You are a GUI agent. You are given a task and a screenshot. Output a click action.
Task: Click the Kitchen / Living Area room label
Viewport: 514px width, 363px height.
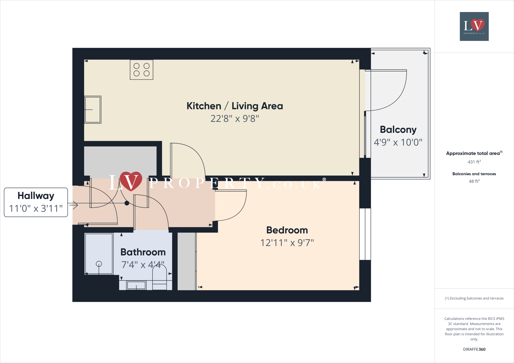pyautogui.click(x=235, y=106)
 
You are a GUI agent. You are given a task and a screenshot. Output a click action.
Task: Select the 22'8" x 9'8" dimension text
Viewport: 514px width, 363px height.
pyautogui.click(x=235, y=119)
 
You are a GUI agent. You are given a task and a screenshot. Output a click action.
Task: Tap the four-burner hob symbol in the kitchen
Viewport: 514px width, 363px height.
pyautogui.click(x=142, y=70)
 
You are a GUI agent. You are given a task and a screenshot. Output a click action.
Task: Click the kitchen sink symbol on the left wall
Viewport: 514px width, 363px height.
pyautogui.click(x=93, y=110)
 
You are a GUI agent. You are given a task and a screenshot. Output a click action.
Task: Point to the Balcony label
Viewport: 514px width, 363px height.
pyautogui.click(x=398, y=130)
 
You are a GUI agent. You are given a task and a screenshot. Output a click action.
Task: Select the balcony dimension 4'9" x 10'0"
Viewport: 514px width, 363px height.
pyautogui.click(x=398, y=142)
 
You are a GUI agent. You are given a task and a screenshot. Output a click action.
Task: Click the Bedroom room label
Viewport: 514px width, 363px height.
pyautogui.click(x=287, y=230)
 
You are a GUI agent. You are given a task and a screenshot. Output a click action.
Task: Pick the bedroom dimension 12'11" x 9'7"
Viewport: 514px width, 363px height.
pyautogui.click(x=287, y=243)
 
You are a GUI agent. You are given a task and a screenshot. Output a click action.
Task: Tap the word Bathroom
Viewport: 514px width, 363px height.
pyautogui.click(x=143, y=252)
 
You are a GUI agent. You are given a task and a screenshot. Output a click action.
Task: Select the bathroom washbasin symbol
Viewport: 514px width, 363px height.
pyautogui.click(x=136, y=285)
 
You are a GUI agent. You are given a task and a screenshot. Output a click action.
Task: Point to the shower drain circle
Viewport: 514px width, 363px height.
pyautogui.click(x=99, y=264)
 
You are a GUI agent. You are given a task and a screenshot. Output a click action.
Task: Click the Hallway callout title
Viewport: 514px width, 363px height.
pyautogui.click(x=36, y=196)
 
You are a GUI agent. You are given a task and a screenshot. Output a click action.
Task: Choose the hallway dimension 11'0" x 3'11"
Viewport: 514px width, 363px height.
pyautogui.click(x=36, y=208)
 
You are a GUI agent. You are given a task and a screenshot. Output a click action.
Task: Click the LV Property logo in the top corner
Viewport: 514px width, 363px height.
pyautogui.click(x=474, y=26)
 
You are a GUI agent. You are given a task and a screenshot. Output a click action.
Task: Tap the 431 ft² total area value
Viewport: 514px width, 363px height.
pyautogui.click(x=474, y=162)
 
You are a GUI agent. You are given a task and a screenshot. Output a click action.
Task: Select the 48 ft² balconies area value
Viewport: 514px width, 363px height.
pyautogui.click(x=474, y=181)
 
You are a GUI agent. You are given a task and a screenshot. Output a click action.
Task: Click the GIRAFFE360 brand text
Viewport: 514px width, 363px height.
pyautogui.click(x=474, y=349)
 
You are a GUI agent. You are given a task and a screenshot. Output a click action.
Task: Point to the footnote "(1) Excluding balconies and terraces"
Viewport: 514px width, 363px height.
pyautogui.click(x=474, y=298)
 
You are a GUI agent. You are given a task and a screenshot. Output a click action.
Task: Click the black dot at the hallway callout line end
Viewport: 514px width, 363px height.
pyautogui.click(x=127, y=203)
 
